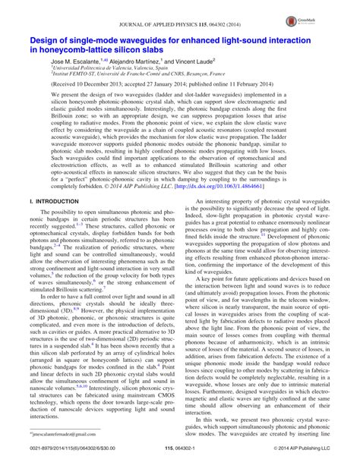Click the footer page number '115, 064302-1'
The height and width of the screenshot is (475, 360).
[180, 467]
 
